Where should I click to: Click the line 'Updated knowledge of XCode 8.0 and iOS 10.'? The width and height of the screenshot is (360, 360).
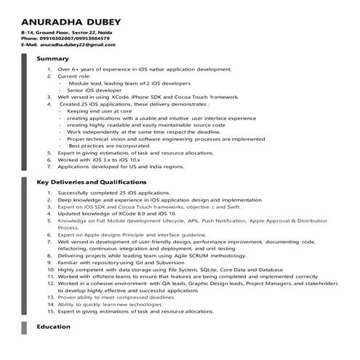coord(116,214)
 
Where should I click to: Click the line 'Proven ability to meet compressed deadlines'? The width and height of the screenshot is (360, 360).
coord(116,297)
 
